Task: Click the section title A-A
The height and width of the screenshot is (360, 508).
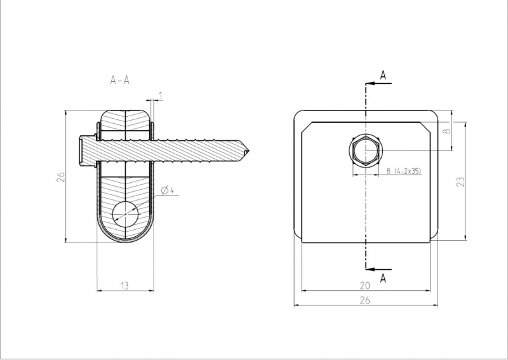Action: pyautogui.click(x=120, y=80)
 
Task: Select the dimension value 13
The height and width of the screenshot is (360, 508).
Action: pyautogui.click(x=124, y=286)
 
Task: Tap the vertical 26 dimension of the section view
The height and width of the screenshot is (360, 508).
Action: pyautogui.click(x=61, y=177)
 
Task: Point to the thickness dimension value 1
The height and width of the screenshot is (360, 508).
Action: pyautogui.click(x=161, y=95)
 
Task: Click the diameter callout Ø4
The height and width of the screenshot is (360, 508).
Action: pyautogui.click(x=167, y=190)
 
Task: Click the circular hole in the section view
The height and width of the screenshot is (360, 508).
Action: pyautogui.click(x=125, y=214)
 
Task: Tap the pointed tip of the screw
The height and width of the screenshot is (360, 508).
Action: pyautogui.click(x=248, y=151)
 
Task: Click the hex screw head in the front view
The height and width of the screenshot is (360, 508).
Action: pyautogui.click(x=366, y=151)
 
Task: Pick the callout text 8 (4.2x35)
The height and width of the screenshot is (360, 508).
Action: pyautogui.click(x=404, y=171)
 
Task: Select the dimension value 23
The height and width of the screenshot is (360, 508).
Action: pyautogui.click(x=460, y=182)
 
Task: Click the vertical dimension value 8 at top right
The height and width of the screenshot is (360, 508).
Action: pyautogui.click(x=447, y=131)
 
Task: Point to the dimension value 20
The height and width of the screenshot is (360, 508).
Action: pyautogui.click(x=364, y=286)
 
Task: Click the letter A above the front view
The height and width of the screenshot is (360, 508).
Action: pyautogui.click(x=383, y=75)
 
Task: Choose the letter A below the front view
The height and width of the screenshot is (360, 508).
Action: pyautogui.click(x=383, y=278)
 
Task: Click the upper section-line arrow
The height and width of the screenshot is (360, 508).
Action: pyautogui.click(x=379, y=83)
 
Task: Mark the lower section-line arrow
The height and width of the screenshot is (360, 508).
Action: pyautogui.click(x=379, y=269)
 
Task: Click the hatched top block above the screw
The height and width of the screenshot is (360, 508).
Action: pyautogui.click(x=125, y=121)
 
